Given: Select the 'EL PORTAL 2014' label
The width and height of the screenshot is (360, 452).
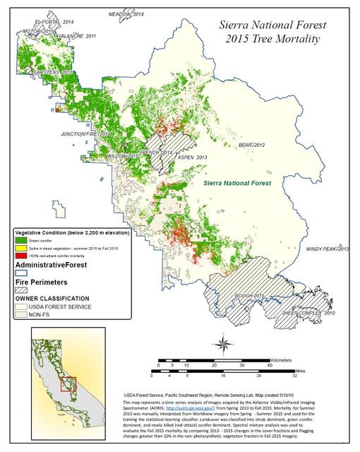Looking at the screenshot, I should click(45, 22).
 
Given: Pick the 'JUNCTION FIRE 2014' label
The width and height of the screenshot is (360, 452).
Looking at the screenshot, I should click(86, 133).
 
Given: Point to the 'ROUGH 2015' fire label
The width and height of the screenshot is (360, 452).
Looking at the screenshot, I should click(249, 296).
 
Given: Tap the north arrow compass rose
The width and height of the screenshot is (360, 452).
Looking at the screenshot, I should click(223, 345).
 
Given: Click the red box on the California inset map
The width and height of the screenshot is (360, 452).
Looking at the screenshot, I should click(68, 386).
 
